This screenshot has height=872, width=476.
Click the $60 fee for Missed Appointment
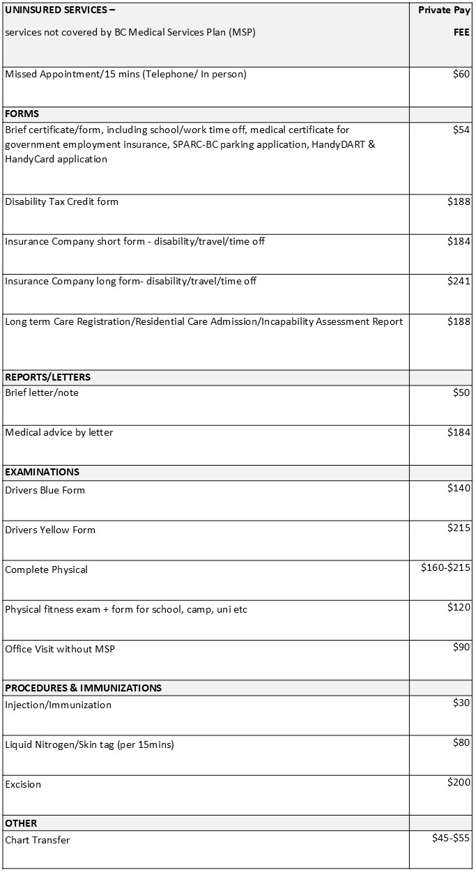(461, 75)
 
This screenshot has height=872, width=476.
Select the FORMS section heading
(22, 114)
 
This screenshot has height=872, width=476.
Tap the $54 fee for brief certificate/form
(461, 130)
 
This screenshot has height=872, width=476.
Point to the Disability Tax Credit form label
(62, 201)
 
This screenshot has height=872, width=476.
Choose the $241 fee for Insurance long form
(459, 281)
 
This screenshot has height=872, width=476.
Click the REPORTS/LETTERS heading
(48, 377)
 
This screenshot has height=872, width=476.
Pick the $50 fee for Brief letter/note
(461, 392)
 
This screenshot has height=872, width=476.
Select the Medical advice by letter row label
(59, 432)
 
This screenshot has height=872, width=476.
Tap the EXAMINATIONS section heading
(43, 472)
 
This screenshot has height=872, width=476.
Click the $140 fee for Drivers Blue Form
(459, 488)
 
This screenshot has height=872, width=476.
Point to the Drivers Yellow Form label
(50, 530)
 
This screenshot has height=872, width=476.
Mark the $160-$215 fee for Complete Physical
(445, 567)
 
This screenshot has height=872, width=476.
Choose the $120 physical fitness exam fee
(459, 607)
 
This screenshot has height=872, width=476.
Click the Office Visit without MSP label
(60, 649)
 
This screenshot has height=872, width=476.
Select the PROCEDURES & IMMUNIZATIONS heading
(83, 688)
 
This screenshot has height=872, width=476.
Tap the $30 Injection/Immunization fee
(461, 703)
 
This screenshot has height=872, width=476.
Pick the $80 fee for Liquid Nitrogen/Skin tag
(461, 742)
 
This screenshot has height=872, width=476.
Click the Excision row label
(23, 784)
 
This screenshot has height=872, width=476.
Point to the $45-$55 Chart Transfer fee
(451, 838)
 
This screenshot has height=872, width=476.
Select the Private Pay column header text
(444, 10)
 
